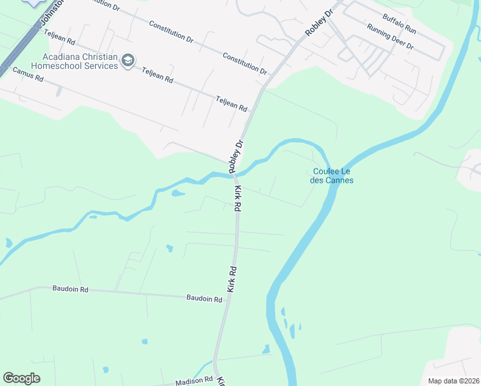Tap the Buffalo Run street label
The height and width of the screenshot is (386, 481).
pos(399,24)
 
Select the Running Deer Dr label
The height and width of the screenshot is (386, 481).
pos(390,38)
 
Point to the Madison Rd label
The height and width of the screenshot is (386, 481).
pos(194,381)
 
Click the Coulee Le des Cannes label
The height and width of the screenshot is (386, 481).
pos(332,176)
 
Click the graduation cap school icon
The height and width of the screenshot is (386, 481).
pos(128,60)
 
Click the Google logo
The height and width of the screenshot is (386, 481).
pos(21,378)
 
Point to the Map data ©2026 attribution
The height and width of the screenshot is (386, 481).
pos(453,381)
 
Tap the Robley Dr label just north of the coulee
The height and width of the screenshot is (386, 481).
pos(237,156)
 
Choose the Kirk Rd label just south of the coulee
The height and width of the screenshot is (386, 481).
pos(237,199)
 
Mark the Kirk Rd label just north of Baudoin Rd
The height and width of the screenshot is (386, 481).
pos(231,280)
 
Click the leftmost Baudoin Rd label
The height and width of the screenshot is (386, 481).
pos(70,289)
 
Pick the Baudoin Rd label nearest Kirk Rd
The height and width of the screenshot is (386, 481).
pos(204,298)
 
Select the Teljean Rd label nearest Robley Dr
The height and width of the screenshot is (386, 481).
pos(231,104)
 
